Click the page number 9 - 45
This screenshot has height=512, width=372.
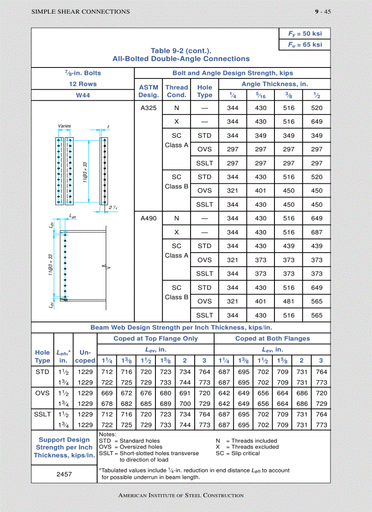click(x=322, y=12)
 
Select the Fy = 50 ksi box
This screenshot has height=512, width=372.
click(x=305, y=34)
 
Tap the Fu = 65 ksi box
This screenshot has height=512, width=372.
click(x=305, y=45)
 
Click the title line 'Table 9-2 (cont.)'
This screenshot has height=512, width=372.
click(x=181, y=51)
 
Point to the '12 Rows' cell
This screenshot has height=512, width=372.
click(x=83, y=84)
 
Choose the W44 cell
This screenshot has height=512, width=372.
click(x=83, y=95)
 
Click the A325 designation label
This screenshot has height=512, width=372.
click(x=148, y=108)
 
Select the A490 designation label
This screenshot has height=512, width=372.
click(x=148, y=218)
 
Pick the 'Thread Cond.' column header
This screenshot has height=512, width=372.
click(x=176, y=91)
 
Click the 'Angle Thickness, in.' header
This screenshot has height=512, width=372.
click(x=274, y=84)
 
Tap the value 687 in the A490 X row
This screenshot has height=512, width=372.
click(x=316, y=232)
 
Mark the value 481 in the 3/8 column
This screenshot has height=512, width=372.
click(x=289, y=301)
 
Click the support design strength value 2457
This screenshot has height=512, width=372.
click(x=64, y=474)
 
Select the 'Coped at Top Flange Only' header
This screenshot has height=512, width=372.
click(x=155, y=338)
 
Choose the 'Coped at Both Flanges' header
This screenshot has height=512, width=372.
click(x=272, y=338)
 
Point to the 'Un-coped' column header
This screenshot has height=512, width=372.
click(x=85, y=356)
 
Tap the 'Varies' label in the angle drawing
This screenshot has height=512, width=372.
click(x=64, y=126)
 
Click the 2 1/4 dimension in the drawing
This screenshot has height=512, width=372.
click(x=113, y=207)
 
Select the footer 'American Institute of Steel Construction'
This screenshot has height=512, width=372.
click(x=181, y=495)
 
